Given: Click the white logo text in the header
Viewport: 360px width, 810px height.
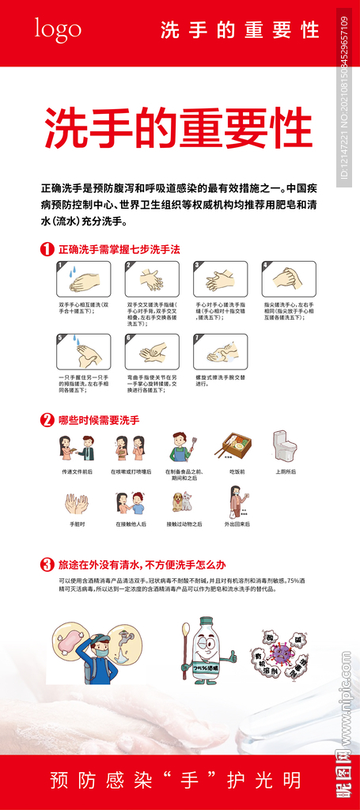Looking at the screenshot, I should [57, 29].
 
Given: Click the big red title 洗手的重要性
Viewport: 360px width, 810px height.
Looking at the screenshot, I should [177, 127].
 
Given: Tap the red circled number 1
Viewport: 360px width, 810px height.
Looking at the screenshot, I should [47, 249].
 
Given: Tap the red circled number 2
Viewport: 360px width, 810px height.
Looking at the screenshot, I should [47, 420].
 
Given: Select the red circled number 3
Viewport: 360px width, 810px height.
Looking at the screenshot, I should [47, 565].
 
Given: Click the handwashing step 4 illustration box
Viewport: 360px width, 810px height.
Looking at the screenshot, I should [289, 279].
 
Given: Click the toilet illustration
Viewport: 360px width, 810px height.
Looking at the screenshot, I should [284, 447].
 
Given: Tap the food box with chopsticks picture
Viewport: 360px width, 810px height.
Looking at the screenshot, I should [237, 447].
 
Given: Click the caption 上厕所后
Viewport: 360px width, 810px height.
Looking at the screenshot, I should [285, 471].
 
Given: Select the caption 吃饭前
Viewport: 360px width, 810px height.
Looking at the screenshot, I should [237, 471].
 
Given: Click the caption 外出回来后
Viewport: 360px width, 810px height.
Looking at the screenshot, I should [237, 524].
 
